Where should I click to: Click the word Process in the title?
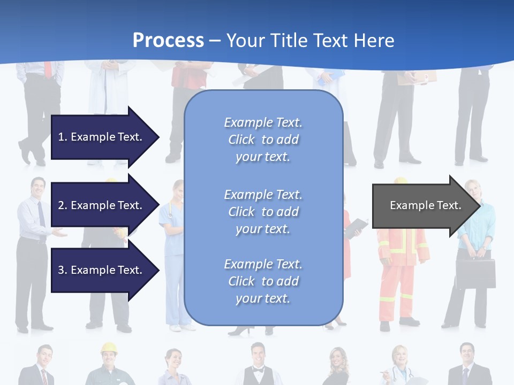point(168,40)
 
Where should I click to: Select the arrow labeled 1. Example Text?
point(102,137)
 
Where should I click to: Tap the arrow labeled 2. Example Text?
point(102,205)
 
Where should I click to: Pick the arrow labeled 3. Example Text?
point(102,270)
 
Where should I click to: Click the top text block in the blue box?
point(263,140)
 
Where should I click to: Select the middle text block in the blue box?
point(263,212)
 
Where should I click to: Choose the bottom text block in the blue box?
point(263,281)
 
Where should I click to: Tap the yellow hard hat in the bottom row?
point(109,348)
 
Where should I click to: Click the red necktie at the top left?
point(48,70)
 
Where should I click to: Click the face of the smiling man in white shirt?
point(37,187)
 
